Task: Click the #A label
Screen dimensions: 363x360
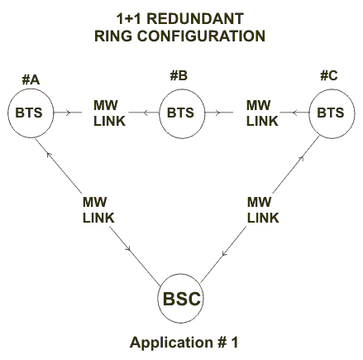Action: pyautogui.click(x=31, y=80)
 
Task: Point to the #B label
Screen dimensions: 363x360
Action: pyautogui.click(x=179, y=75)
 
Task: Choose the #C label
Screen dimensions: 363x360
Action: pyautogui.click(x=329, y=75)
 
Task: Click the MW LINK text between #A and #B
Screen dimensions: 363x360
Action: pyautogui.click(x=109, y=113)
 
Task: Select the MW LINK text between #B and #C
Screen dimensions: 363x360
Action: pyautogui.click(x=262, y=113)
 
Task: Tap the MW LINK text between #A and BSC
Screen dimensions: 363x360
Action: pyautogui.click(x=98, y=210)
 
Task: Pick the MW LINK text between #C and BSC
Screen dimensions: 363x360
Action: pyautogui.click(x=263, y=210)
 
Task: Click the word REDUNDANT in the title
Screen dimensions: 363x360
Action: pyautogui.click(x=195, y=19)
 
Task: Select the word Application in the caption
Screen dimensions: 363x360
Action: pyautogui.click(x=171, y=343)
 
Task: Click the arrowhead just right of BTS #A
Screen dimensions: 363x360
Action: pyautogui.click(x=69, y=113)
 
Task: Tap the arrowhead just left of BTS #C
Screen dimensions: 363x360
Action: pyautogui.click(x=294, y=113)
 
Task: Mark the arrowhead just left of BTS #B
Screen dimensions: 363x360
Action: pyautogui.click(x=146, y=113)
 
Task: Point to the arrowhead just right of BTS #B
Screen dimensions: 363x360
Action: pyautogui.click(x=217, y=113)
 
